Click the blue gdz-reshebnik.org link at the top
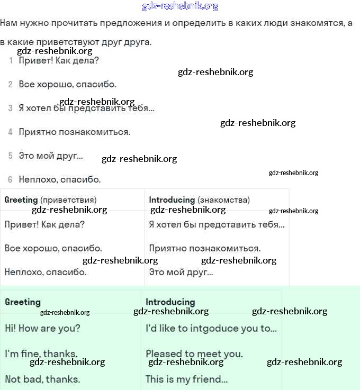(x=180, y=6)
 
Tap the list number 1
(x=11, y=60)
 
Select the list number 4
(x=11, y=132)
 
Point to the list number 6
(x=11, y=179)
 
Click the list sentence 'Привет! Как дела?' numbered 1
(x=59, y=60)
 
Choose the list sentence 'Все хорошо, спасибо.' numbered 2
(x=67, y=84)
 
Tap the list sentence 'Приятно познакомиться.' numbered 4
(x=74, y=132)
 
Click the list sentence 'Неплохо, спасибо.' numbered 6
(x=59, y=179)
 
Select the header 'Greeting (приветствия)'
(x=50, y=200)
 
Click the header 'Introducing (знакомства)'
(x=199, y=200)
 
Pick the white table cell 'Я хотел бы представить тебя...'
(x=217, y=224)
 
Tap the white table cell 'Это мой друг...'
(x=181, y=273)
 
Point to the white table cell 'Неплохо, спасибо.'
(x=45, y=273)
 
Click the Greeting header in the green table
(x=23, y=302)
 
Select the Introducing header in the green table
(x=170, y=302)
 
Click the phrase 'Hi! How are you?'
(x=42, y=329)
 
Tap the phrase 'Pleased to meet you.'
(x=194, y=354)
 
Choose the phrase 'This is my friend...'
(x=186, y=379)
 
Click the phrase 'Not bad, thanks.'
(x=42, y=379)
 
